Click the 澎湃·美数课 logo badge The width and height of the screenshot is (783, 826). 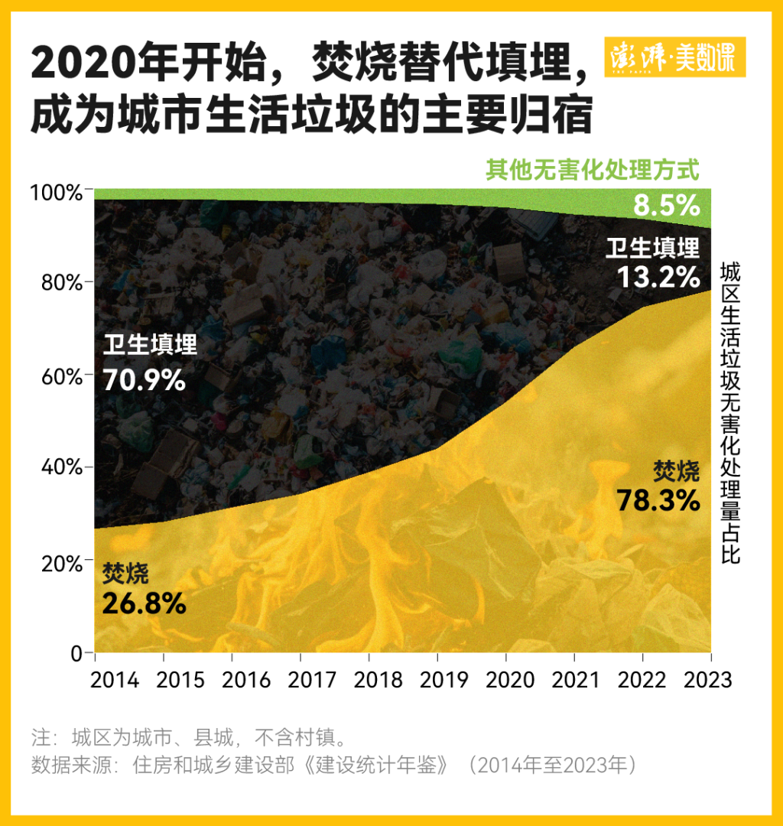click(675, 57)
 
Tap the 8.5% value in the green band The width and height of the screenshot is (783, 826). click(667, 205)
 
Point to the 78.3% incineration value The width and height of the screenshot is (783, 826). click(658, 499)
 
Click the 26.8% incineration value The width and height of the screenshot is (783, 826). click(144, 603)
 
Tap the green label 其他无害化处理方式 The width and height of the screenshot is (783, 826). click(593, 170)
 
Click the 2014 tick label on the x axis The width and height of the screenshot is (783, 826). click(115, 680)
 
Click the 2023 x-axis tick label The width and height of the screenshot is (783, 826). click(707, 680)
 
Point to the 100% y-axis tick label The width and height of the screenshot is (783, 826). click(56, 191)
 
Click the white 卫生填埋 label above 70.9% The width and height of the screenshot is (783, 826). click(150, 346)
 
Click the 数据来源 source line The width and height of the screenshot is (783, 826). click(334, 766)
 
